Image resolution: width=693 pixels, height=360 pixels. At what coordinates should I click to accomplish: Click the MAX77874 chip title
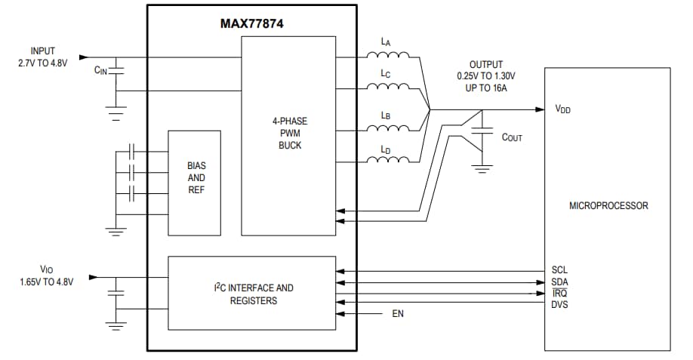pos(251,23)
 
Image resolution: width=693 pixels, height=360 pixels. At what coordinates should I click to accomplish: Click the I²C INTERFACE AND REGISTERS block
pos(251,294)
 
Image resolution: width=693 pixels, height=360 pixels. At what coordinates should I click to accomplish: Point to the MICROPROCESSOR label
pos(608,205)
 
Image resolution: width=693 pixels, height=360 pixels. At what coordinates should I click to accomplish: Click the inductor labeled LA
pos(387,56)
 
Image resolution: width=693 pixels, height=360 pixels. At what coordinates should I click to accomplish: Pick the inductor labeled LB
pos(387,126)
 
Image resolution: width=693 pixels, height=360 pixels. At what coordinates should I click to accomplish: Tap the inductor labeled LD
pos(387,160)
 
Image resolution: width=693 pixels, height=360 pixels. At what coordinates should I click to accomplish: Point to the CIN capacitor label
pos(100,70)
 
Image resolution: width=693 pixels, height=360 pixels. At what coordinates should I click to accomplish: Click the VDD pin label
pos(562,109)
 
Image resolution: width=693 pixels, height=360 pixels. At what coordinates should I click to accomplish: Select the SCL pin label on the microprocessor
pos(559,270)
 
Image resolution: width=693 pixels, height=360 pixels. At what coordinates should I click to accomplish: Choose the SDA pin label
pos(559,282)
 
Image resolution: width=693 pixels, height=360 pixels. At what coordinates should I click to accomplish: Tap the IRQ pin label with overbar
pos(559,293)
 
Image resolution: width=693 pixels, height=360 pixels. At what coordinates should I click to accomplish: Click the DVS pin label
pos(559,304)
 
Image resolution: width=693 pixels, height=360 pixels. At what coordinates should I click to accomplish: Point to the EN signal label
pos(398,314)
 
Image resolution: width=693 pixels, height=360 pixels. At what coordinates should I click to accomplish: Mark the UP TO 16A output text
pos(485,88)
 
